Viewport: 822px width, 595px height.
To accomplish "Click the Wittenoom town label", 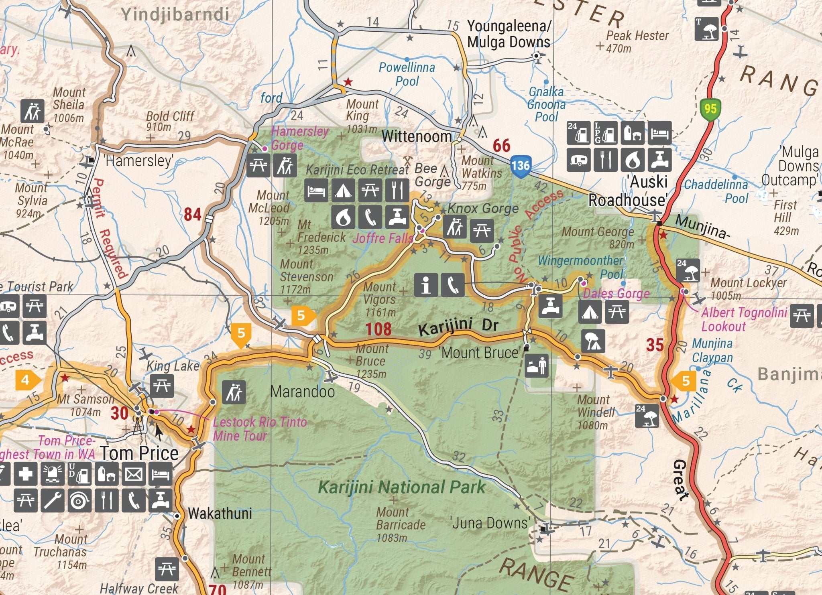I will tap(416, 136).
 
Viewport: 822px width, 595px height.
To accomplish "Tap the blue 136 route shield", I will tap(521, 165).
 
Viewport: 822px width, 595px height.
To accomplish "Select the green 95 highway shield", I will tap(710, 108).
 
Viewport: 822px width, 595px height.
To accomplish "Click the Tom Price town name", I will tap(139, 453).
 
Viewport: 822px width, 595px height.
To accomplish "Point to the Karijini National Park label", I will tap(401, 487).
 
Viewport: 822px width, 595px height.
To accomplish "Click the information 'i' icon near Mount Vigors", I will tap(426, 285).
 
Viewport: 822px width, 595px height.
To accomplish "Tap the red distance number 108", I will tap(378, 329).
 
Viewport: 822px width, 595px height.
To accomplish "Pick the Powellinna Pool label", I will tap(407, 74).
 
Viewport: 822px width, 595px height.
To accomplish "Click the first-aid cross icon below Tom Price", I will tap(25, 474).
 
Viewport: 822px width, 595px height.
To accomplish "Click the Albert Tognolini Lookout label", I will tap(743, 319).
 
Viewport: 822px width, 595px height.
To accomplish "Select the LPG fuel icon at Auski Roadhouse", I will tap(605, 133).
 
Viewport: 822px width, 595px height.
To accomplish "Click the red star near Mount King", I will tap(348, 82).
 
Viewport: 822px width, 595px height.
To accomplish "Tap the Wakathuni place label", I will tap(220, 514).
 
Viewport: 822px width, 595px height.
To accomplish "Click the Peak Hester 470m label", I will tap(637, 42).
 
